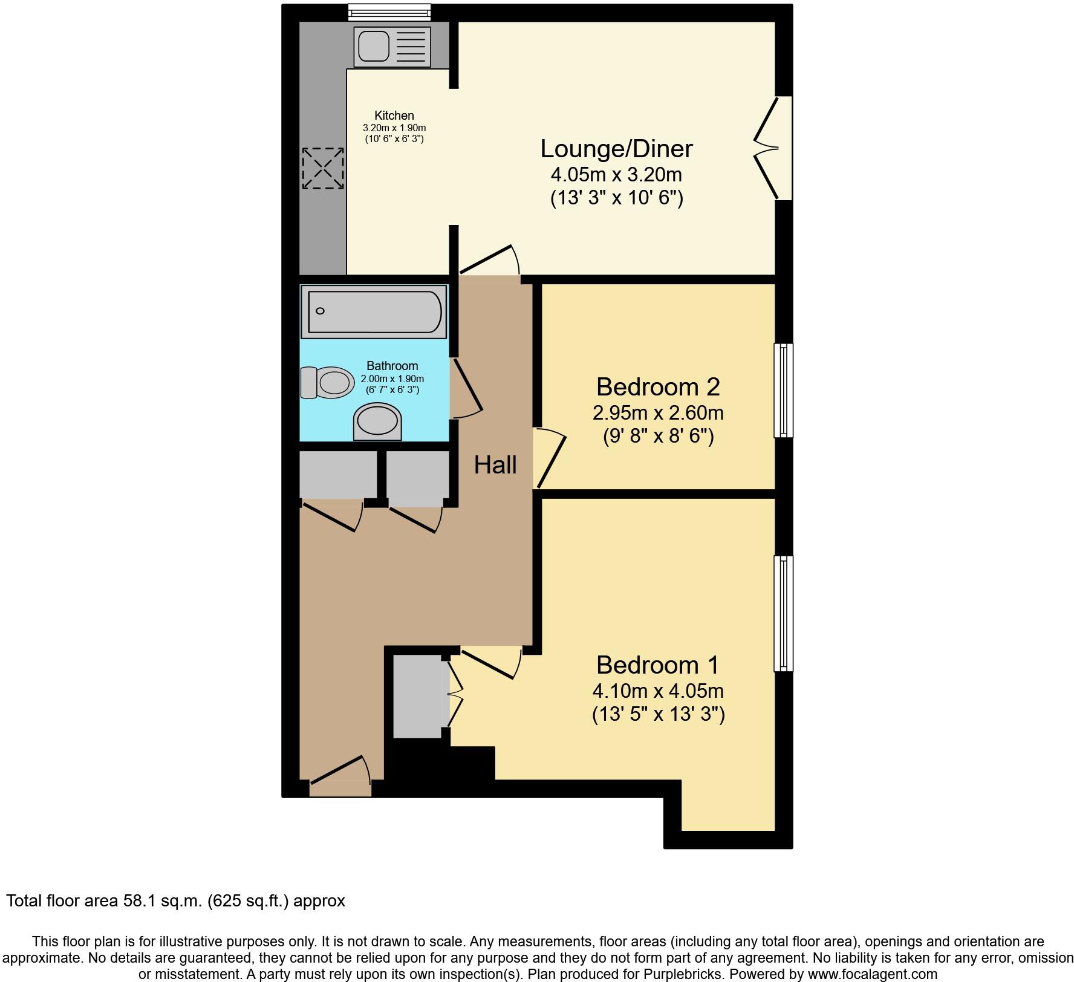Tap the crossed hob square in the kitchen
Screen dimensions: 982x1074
(323, 167)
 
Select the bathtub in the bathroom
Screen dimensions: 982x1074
(375, 312)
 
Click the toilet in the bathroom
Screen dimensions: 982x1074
(327, 382)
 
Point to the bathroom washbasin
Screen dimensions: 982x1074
(377, 421)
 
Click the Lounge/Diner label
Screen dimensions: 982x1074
(616, 149)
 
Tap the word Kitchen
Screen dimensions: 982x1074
(394, 115)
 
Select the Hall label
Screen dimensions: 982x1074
(495, 465)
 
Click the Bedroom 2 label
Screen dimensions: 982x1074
(658, 386)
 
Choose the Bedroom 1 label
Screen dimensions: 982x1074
(657, 665)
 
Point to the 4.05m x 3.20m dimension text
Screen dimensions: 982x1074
(616, 175)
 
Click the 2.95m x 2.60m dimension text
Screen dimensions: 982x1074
(658, 413)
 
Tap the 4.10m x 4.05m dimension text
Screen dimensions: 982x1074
(658, 691)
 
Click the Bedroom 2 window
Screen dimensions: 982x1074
(784, 390)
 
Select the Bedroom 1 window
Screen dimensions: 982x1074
(784, 614)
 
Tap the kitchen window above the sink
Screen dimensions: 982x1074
(389, 11)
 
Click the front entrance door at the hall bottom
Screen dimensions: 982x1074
(340, 780)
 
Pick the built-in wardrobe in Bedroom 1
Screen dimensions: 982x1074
(418, 697)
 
